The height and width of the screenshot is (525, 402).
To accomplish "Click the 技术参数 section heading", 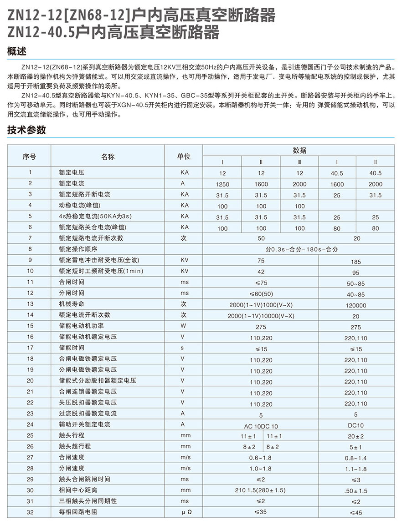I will [26, 130].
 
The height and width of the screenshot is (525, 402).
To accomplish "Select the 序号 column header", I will [29, 156].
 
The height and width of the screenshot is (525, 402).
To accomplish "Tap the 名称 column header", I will [108, 156].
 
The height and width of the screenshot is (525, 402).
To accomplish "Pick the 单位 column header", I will [184, 156].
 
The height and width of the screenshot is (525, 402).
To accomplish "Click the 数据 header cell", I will [299, 151].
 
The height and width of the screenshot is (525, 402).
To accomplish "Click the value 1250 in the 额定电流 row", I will [222, 184].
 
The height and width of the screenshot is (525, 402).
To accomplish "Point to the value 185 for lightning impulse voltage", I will [356, 262].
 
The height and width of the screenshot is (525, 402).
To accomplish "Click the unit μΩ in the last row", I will [184, 512].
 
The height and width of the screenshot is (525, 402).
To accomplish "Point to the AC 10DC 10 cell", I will [261, 426].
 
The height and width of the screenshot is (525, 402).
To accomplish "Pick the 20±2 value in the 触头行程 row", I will [356, 436].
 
